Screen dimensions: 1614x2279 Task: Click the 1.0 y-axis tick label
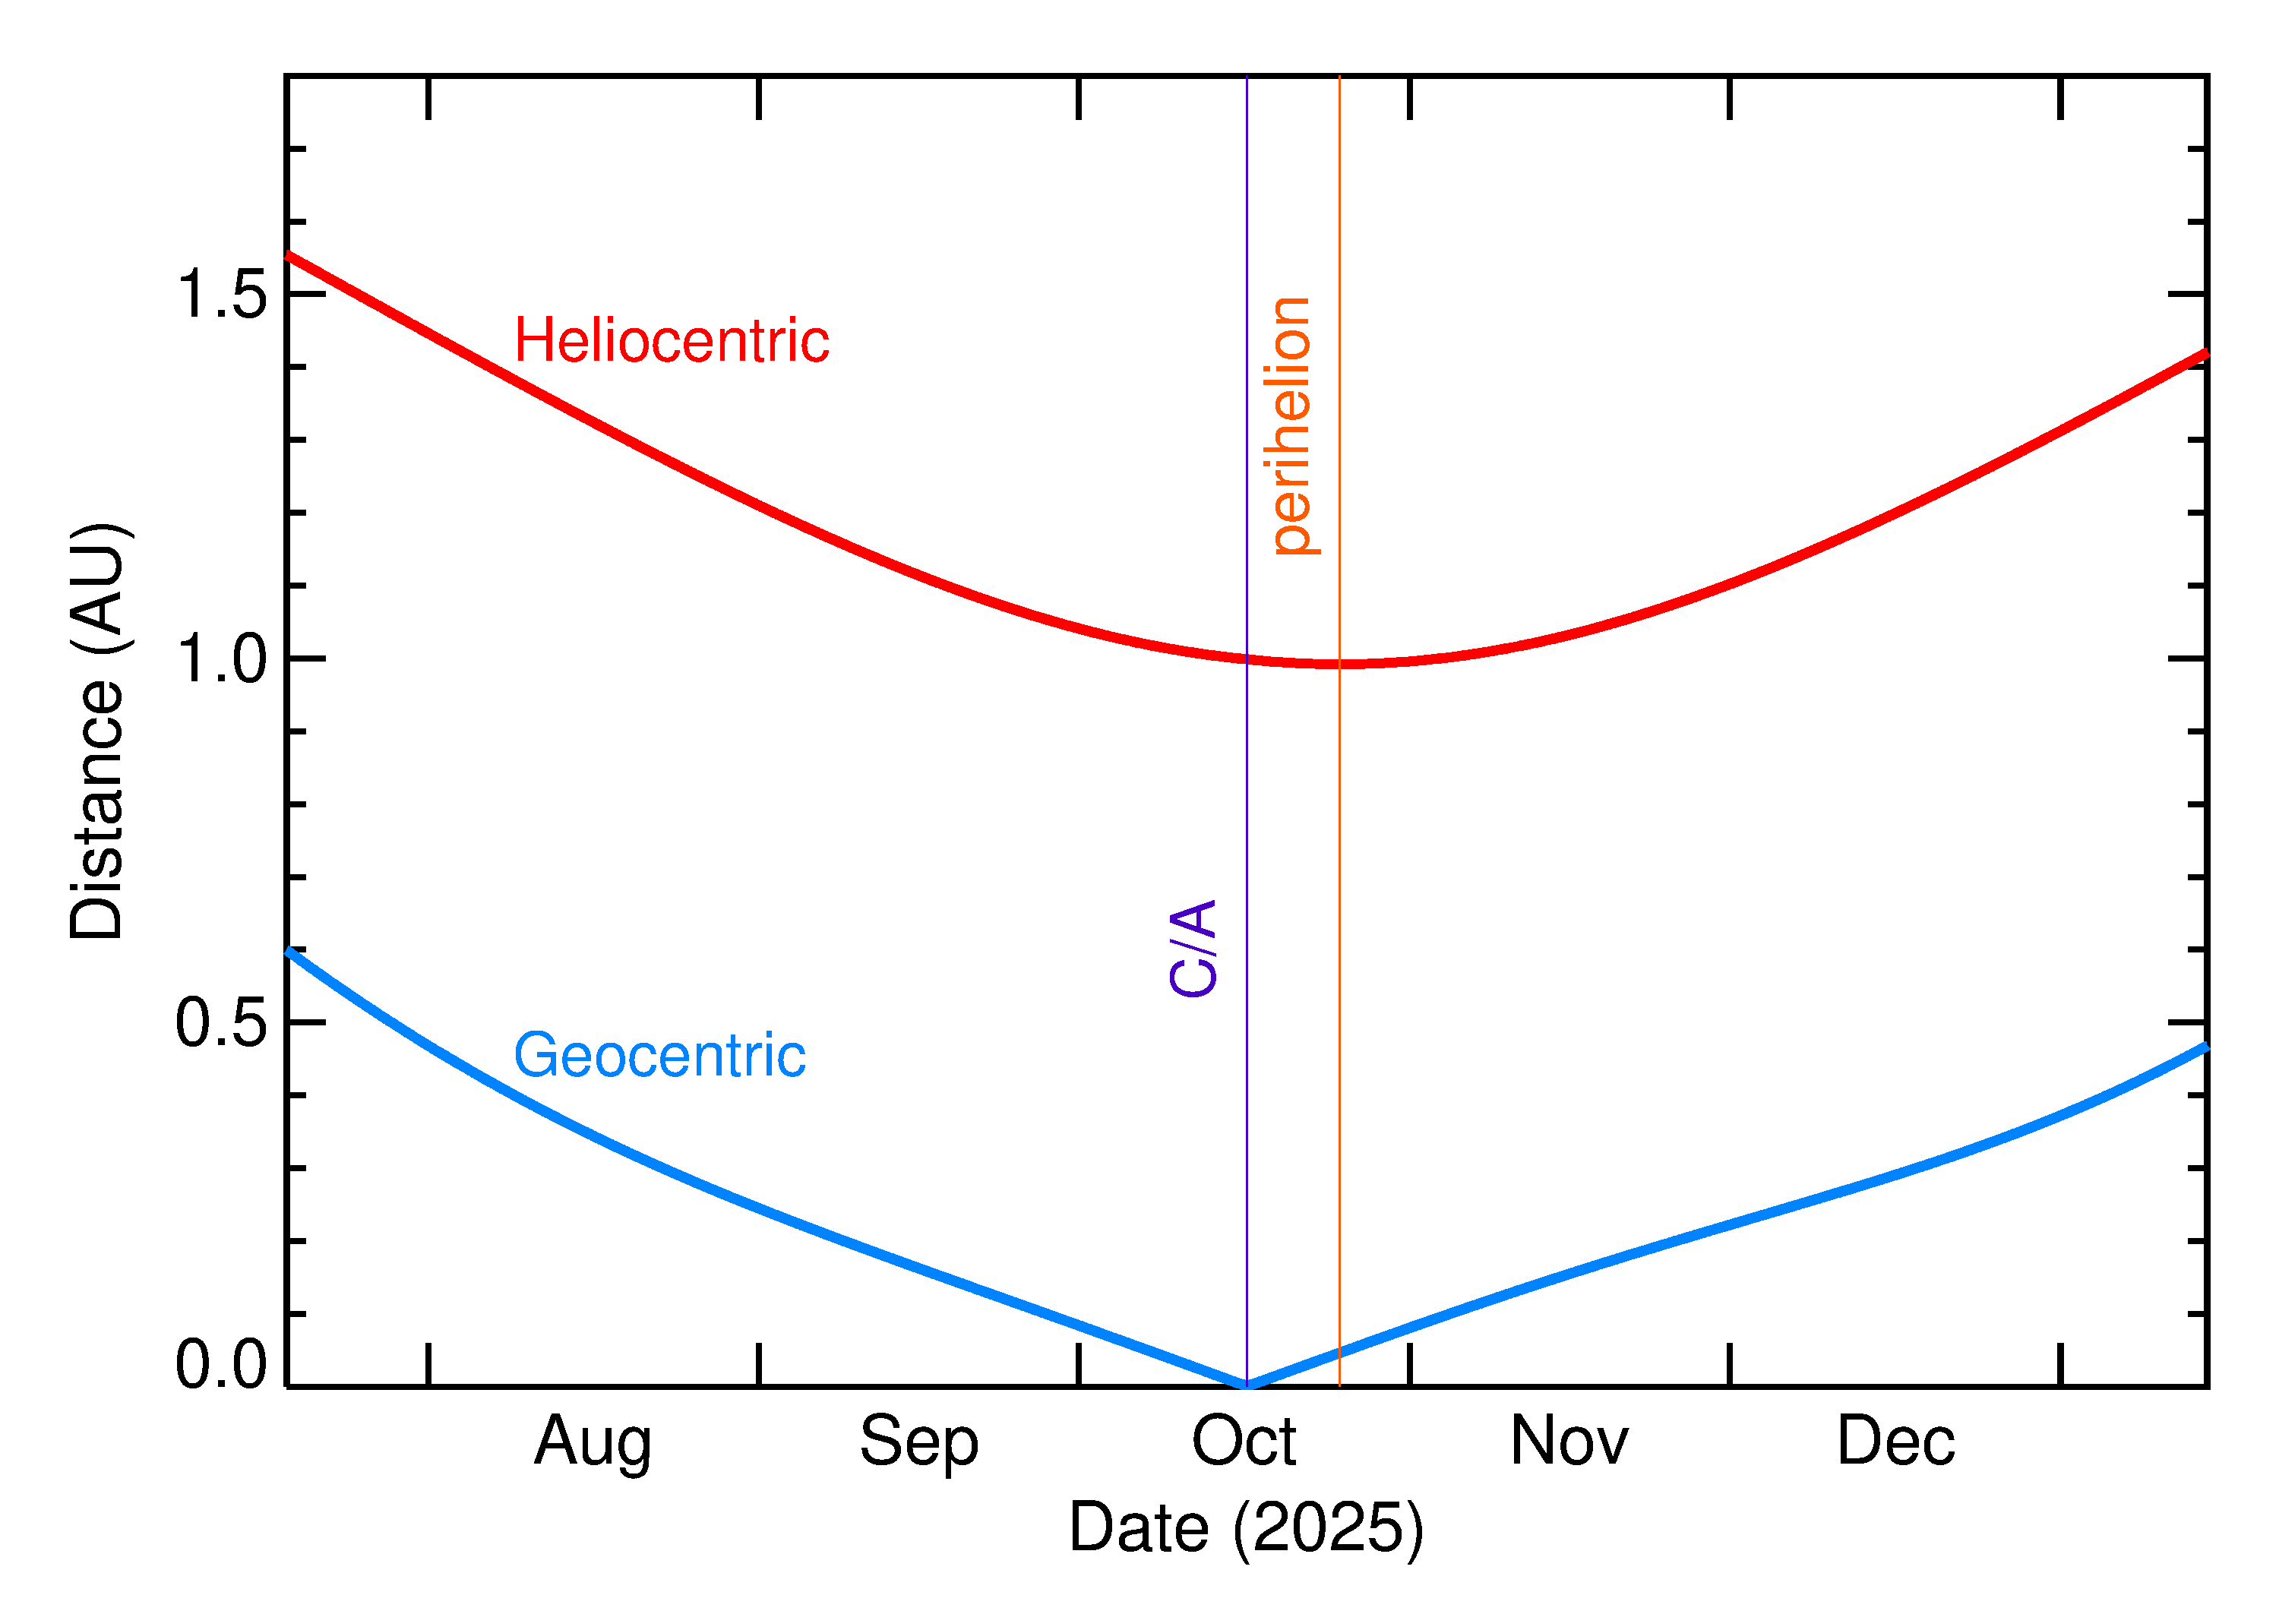point(220,659)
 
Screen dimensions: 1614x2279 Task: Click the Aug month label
point(593,1442)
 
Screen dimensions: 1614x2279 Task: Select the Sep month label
point(918,1442)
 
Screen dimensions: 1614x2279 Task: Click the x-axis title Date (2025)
point(1245,1527)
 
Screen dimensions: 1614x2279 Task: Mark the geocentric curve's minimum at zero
point(1247,1385)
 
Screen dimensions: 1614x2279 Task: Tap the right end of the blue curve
point(2205,1047)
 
